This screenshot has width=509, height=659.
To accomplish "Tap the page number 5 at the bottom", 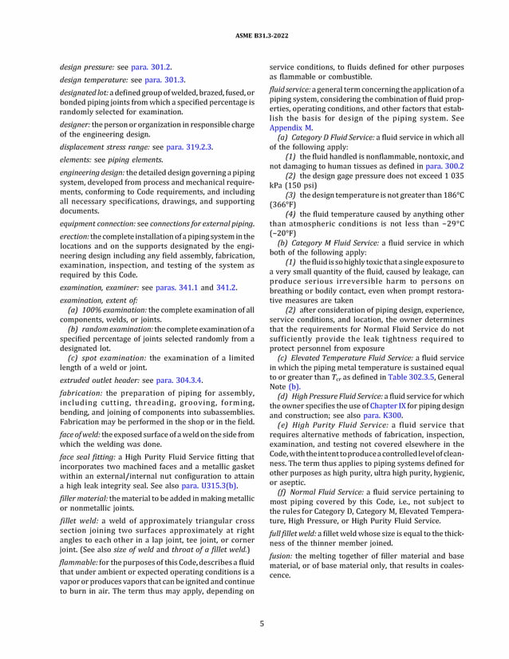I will click(x=254, y=622).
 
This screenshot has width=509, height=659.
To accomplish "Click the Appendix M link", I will click(x=291, y=128).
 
